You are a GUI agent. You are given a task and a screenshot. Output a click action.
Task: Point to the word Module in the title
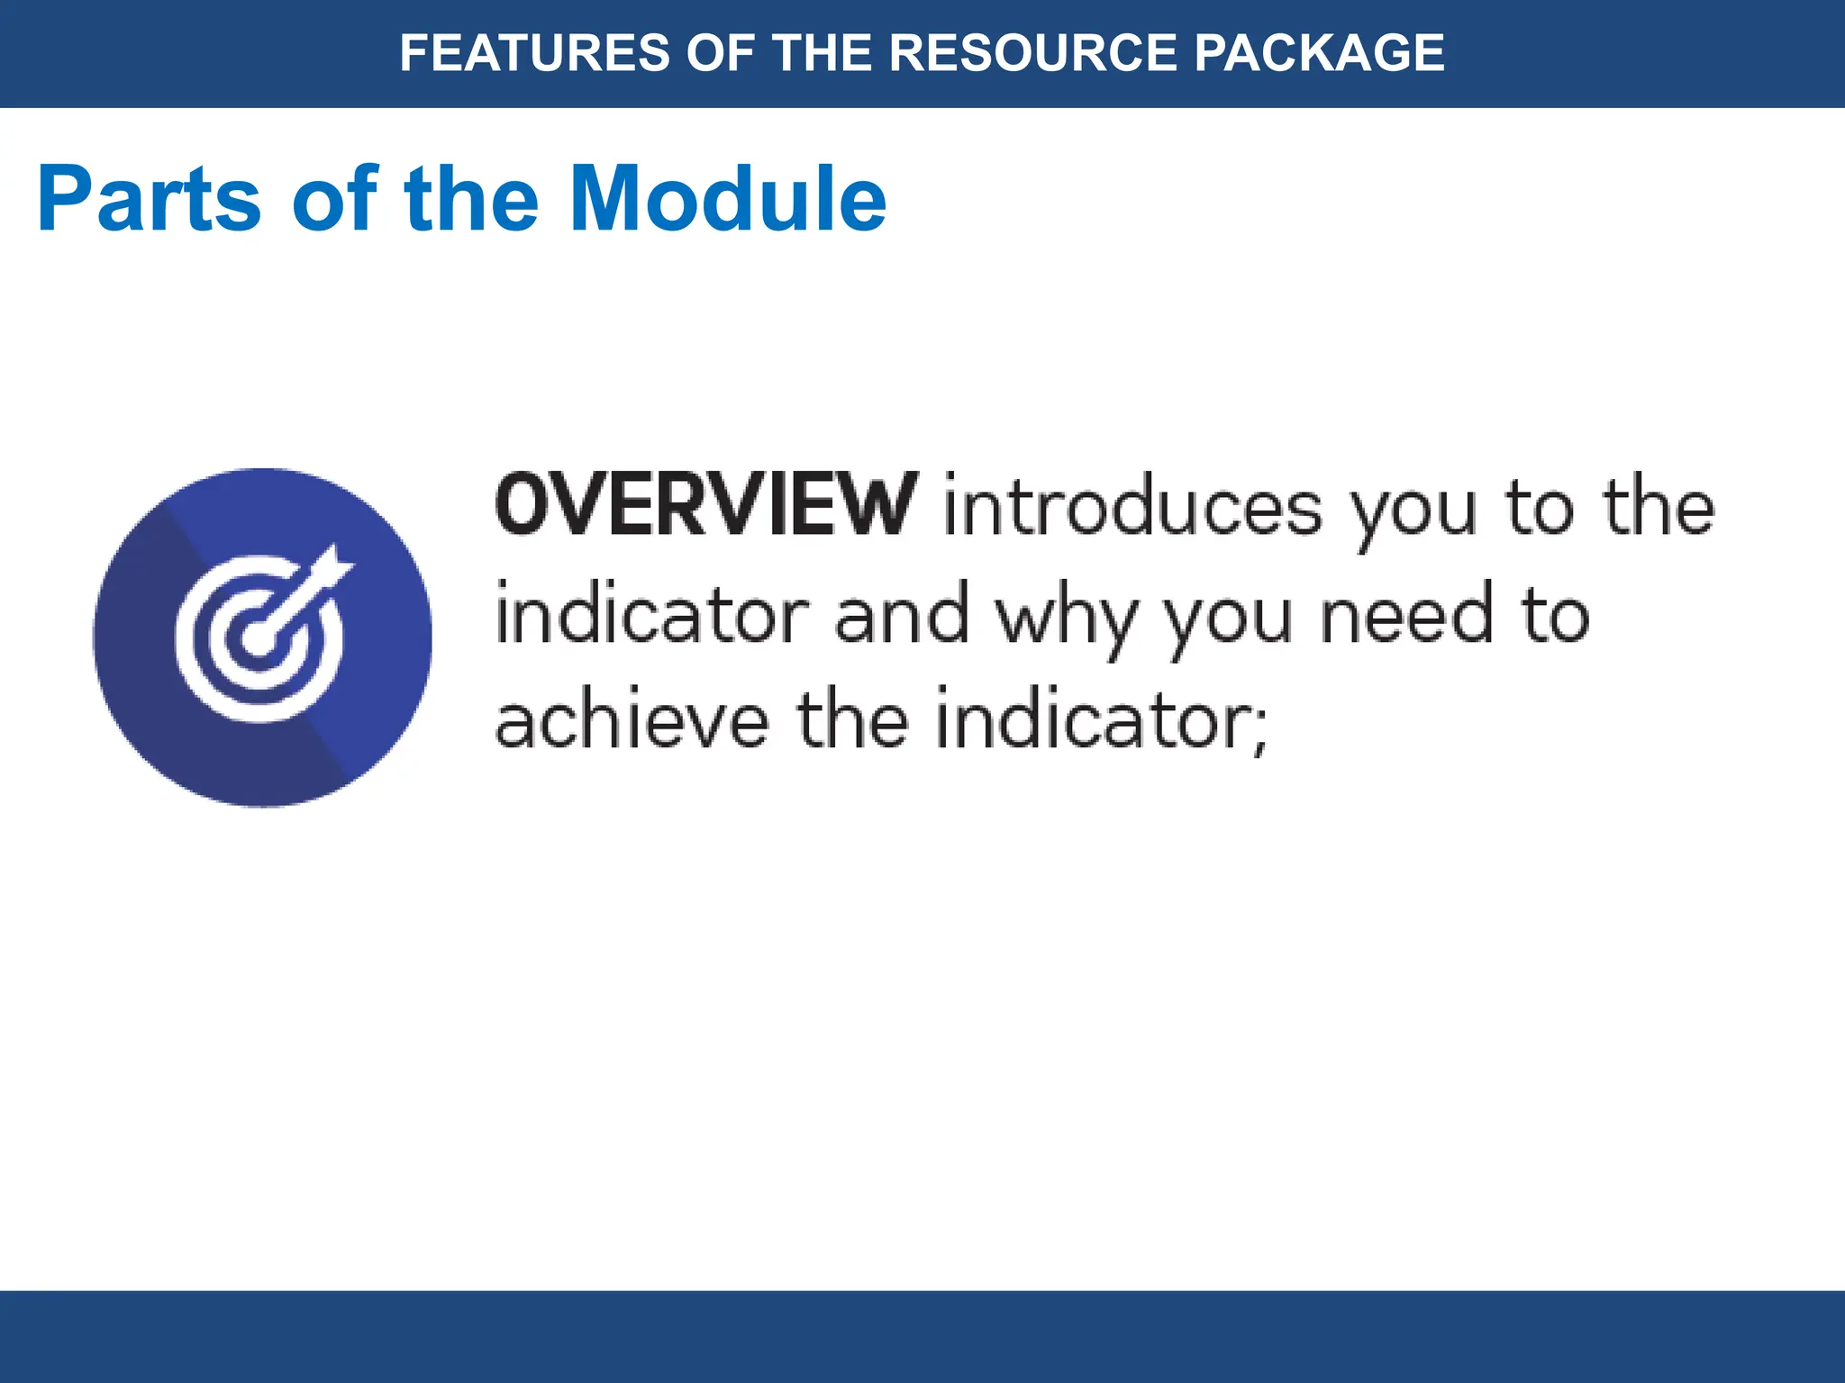click(x=728, y=199)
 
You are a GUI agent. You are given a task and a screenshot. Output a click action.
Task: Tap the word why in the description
click(x=1065, y=619)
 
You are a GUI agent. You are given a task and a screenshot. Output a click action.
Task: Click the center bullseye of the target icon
click(x=259, y=640)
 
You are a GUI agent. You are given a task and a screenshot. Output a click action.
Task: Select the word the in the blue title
click(x=471, y=199)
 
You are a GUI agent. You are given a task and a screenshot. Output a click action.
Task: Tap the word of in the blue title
click(x=333, y=199)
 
